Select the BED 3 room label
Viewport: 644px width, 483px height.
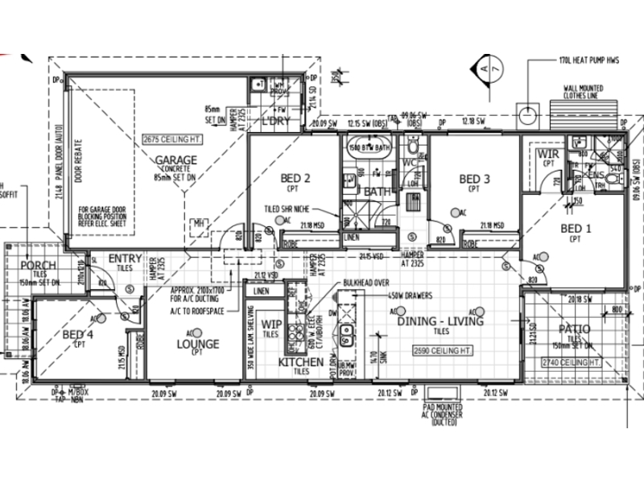coord(474,178)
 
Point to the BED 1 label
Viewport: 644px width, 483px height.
coord(575,229)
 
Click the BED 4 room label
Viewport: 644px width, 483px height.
coord(79,334)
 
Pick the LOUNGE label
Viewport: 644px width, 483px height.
coord(197,344)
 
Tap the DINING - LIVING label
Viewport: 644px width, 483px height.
coord(440,321)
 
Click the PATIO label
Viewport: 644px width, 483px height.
coord(574,329)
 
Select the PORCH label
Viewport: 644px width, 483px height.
coord(38,266)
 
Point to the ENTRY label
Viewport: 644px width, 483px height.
coord(125,258)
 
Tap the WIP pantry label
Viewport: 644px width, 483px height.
coord(271,324)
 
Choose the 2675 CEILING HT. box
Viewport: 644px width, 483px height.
coord(171,138)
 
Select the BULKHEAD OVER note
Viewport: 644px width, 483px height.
coord(366,283)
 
